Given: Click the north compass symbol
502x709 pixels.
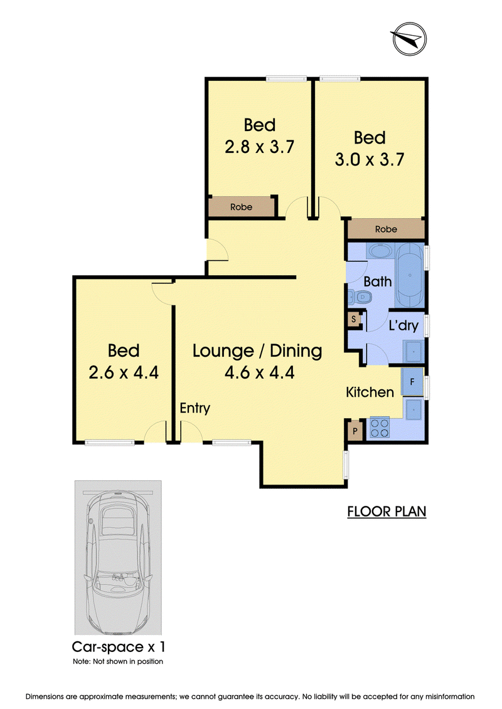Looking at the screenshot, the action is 409,38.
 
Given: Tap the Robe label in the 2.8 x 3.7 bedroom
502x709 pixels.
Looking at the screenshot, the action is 241,207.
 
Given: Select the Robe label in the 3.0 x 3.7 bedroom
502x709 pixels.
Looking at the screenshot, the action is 386,229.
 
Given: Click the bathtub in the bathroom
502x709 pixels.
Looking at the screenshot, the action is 410,275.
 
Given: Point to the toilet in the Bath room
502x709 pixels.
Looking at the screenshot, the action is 360,297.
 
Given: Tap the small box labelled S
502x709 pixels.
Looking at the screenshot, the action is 353,319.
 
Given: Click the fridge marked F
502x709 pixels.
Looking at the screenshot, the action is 412,382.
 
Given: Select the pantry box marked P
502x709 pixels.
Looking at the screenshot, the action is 355,431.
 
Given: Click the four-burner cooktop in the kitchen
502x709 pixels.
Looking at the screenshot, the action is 380,428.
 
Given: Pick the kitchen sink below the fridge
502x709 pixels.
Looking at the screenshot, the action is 414,409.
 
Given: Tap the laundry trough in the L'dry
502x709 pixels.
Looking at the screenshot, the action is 414,351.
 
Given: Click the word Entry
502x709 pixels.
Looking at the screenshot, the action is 195,408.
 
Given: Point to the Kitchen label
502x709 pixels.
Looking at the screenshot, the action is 370,392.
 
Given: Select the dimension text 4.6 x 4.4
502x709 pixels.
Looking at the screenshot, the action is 259,372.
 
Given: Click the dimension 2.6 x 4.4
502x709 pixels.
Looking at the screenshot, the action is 124,372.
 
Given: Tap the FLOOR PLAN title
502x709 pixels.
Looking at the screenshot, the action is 387,512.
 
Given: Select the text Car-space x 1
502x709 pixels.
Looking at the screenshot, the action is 119,647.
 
